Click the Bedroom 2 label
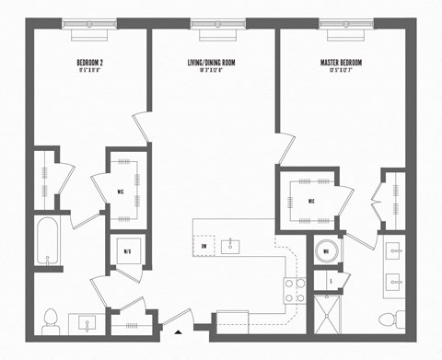tap(93, 64)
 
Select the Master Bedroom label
tap(341, 64)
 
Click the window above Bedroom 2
tap(93, 24)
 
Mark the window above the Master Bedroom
tap(341, 24)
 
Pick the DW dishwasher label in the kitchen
tap(204, 247)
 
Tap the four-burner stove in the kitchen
tap(294, 290)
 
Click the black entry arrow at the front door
tap(178, 329)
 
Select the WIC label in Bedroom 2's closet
tap(120, 192)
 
